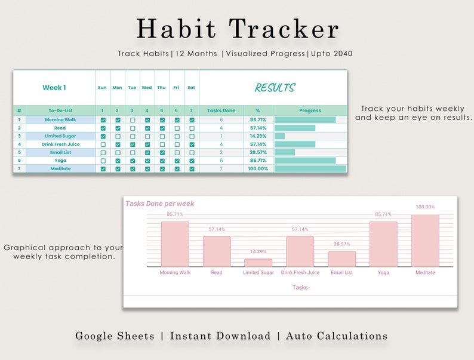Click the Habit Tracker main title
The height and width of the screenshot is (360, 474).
[237, 29]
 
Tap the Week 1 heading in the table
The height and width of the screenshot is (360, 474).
[54, 88]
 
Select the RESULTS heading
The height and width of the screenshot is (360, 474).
[275, 88]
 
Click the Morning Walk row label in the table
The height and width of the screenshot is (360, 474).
[60, 120]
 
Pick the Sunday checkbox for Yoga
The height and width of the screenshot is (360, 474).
[103, 161]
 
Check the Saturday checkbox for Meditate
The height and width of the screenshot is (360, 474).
[192, 169]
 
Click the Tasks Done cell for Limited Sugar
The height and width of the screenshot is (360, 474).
[221, 136]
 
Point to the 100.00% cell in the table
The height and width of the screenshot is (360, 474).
[258, 169]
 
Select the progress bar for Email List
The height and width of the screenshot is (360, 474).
[285, 152]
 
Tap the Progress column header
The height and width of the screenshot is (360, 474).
[310, 110]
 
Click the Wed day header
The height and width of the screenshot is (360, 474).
[147, 88]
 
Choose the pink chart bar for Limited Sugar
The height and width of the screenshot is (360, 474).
[258, 263]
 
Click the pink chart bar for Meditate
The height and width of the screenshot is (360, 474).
[425, 241]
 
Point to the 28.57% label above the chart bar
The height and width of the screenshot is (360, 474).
[341, 244]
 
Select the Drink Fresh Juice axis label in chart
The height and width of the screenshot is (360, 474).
[300, 273]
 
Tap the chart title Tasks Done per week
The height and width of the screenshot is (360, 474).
[160, 204]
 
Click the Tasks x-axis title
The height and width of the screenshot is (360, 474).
[300, 287]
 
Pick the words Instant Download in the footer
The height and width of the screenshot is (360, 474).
[220, 336]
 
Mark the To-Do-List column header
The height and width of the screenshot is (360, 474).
[60, 110]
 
